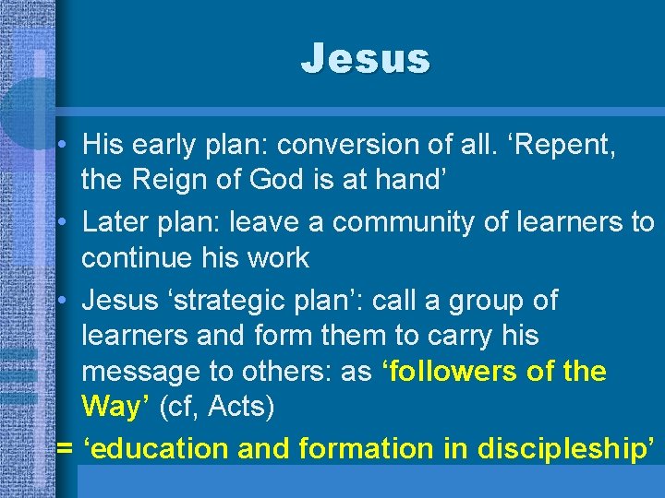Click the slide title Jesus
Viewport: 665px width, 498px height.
point(365,59)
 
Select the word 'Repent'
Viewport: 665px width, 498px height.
point(564,145)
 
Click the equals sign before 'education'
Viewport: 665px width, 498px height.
point(65,449)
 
